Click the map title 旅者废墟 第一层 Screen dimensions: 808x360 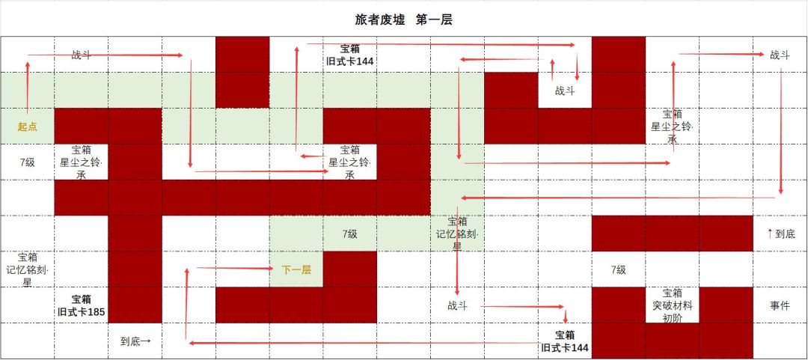[403, 19]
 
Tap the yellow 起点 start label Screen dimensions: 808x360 [28, 126]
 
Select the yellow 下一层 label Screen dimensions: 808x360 [296, 269]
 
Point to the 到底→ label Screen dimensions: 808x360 [135, 341]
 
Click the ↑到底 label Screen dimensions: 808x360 [780, 234]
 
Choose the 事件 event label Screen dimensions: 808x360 [780, 305]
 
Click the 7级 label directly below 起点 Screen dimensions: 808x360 [27, 162]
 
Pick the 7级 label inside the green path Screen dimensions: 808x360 [349, 234]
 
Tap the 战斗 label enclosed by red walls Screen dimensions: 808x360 [565, 91]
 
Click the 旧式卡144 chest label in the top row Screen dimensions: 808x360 [350, 55]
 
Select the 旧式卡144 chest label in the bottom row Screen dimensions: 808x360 [565, 341]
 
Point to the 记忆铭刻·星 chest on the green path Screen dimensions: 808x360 [457, 234]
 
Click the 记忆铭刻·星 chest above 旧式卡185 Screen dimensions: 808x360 [28, 269]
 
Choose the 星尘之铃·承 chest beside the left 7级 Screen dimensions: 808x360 [82, 162]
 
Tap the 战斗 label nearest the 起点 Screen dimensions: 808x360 [82, 55]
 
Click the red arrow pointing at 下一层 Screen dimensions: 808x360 [234, 268]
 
